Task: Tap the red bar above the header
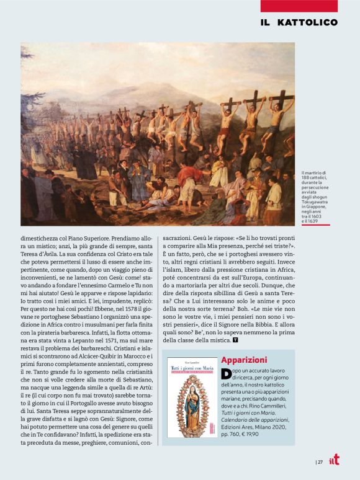coord(299,6)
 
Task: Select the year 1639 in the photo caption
coord(315,220)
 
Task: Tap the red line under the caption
coord(315,225)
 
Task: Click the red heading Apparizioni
coord(244,360)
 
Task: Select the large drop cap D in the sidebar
coord(225,373)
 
